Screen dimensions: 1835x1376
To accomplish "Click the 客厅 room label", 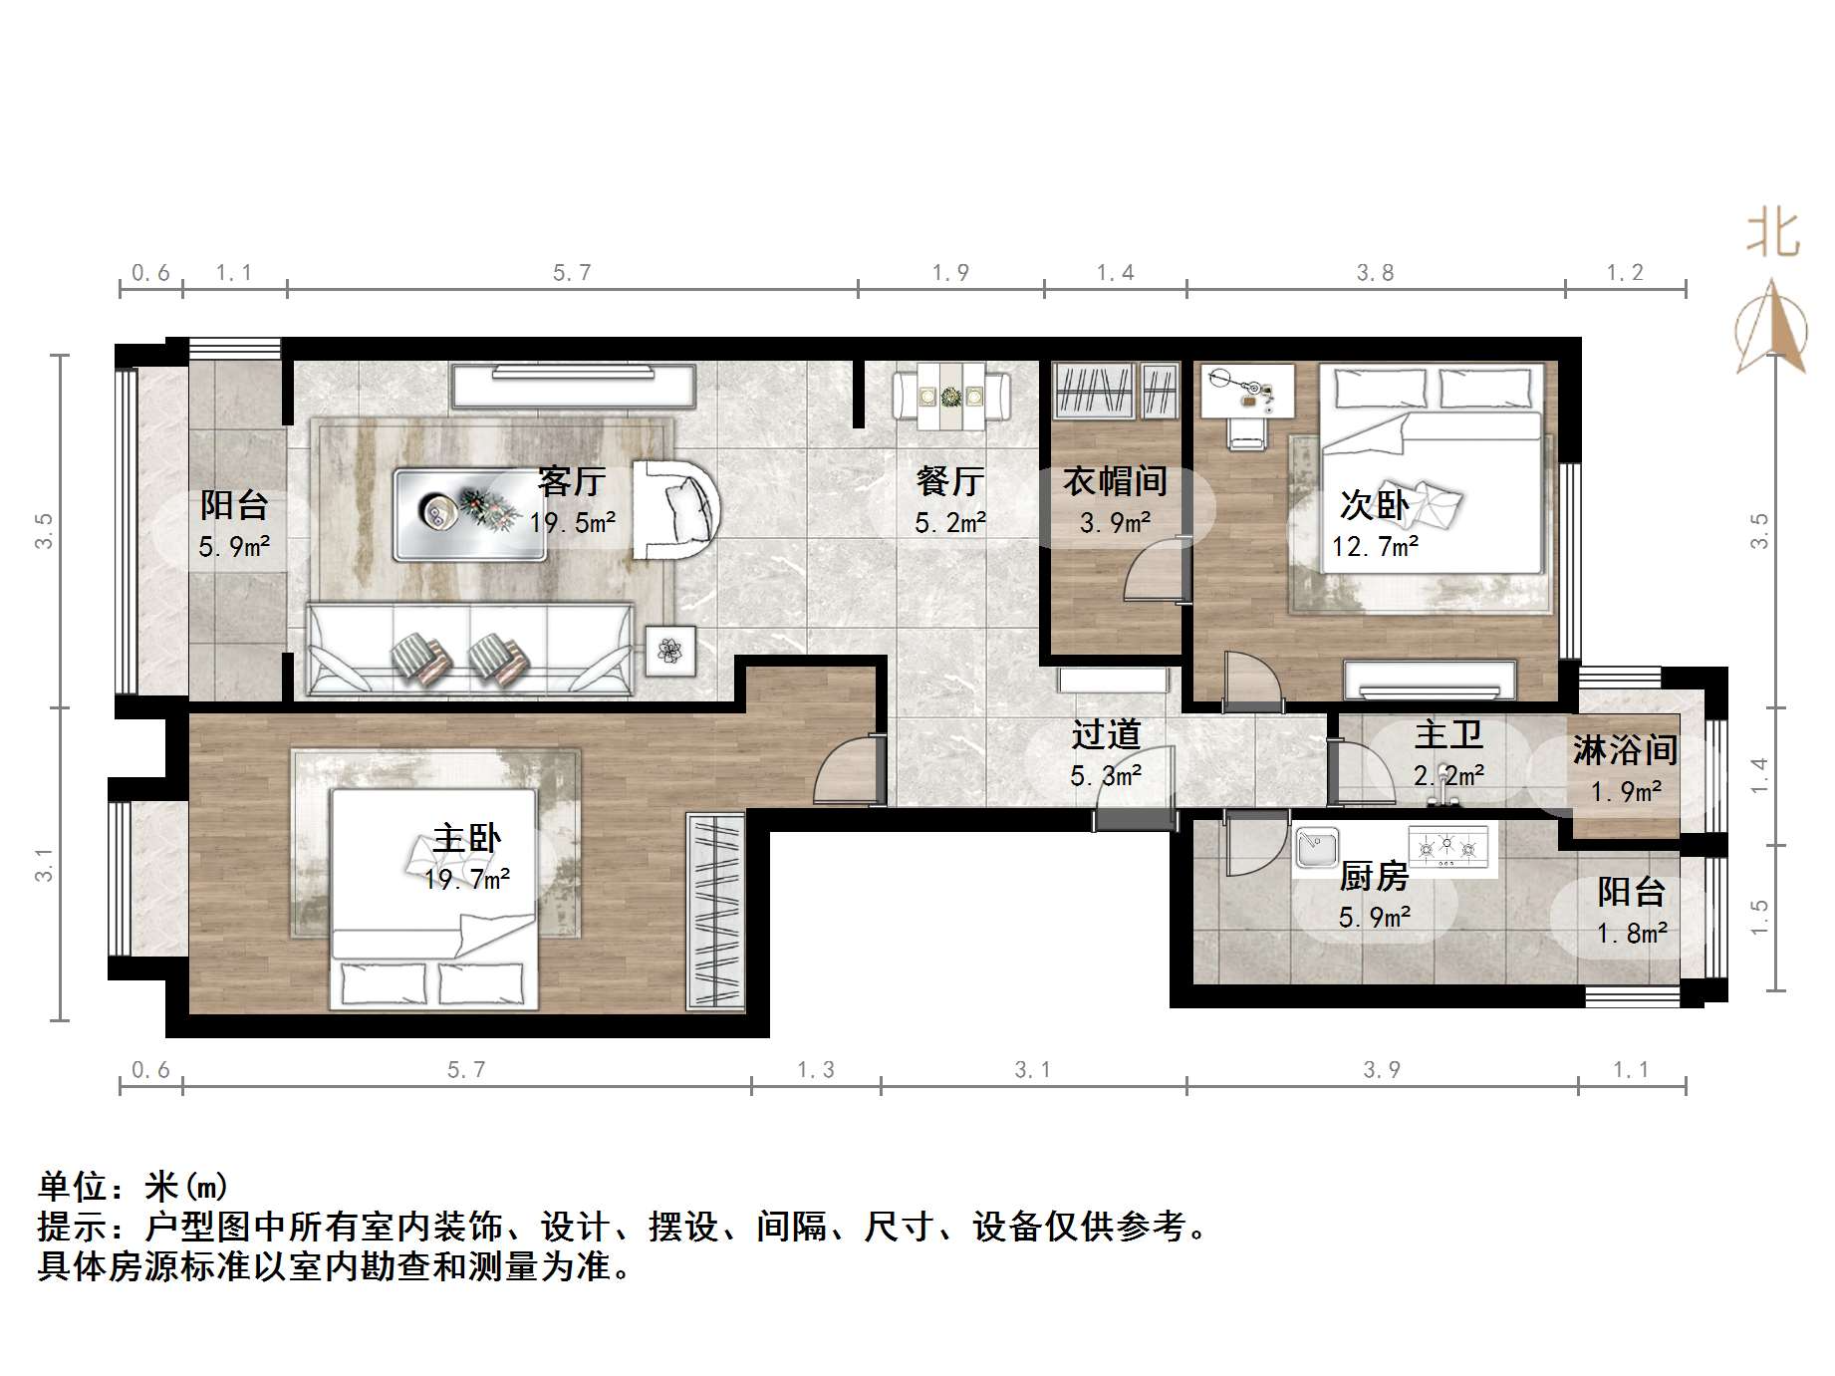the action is coord(572,481).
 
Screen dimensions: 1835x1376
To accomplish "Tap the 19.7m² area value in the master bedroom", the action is coord(467,880).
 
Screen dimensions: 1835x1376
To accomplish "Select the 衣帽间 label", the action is coord(1115,481).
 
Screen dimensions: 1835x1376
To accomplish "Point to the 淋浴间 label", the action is coord(1625,750).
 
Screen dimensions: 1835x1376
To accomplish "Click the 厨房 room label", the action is coord(1374,877).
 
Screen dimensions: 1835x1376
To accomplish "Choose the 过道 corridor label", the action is coord(1106,735).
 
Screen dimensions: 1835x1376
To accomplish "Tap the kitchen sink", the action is coord(1317,849).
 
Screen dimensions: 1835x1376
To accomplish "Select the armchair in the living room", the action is coord(676,510).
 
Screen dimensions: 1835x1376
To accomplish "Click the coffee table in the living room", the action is coord(470,514).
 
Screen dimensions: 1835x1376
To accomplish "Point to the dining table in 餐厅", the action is coord(951,397).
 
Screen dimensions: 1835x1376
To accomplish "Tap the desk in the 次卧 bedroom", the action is coord(1247,391).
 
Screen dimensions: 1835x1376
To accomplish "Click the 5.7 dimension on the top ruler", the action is coord(572,273).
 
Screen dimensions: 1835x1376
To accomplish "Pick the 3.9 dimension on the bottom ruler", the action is coord(1382,1070).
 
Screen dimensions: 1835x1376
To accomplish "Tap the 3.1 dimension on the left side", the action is coord(44,864).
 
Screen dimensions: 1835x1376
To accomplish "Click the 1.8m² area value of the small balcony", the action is coord(1632,934).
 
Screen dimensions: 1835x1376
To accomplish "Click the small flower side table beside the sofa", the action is coord(670,651).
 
